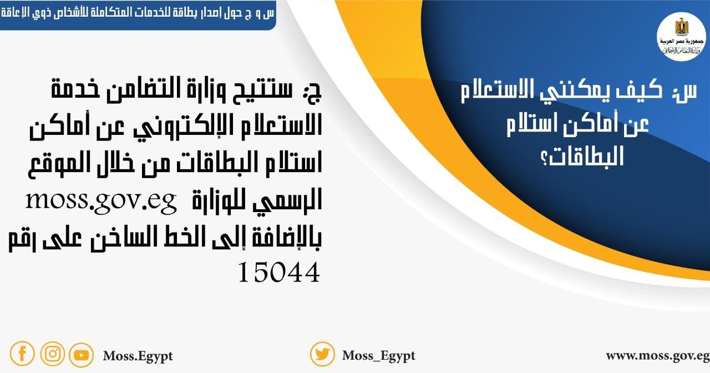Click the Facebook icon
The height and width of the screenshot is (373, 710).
(x=22, y=354)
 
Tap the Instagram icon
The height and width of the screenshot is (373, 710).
(x=52, y=354)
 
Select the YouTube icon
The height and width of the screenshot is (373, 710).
(x=81, y=355)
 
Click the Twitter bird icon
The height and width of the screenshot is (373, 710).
(x=322, y=354)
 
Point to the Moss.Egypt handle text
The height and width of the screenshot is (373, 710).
(x=138, y=355)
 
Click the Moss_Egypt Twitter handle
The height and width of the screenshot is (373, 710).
(x=378, y=355)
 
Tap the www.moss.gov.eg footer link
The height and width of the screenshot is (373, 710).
(x=657, y=355)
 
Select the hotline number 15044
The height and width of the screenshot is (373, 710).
(x=279, y=272)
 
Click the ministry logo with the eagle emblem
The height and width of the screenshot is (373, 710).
(x=681, y=36)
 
